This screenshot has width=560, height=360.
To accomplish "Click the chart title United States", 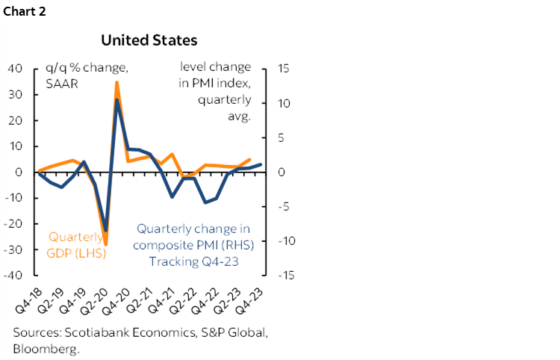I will (x=149, y=39).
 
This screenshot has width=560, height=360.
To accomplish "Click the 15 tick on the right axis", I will (x=284, y=69).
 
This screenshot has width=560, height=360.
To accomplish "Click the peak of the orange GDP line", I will (x=116, y=82).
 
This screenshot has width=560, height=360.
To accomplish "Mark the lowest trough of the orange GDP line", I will (x=106, y=244).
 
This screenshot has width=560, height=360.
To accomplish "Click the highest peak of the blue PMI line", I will (x=117, y=99).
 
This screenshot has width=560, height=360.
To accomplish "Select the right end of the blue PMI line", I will (x=261, y=164).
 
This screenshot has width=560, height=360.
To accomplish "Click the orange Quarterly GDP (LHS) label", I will (x=77, y=245).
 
